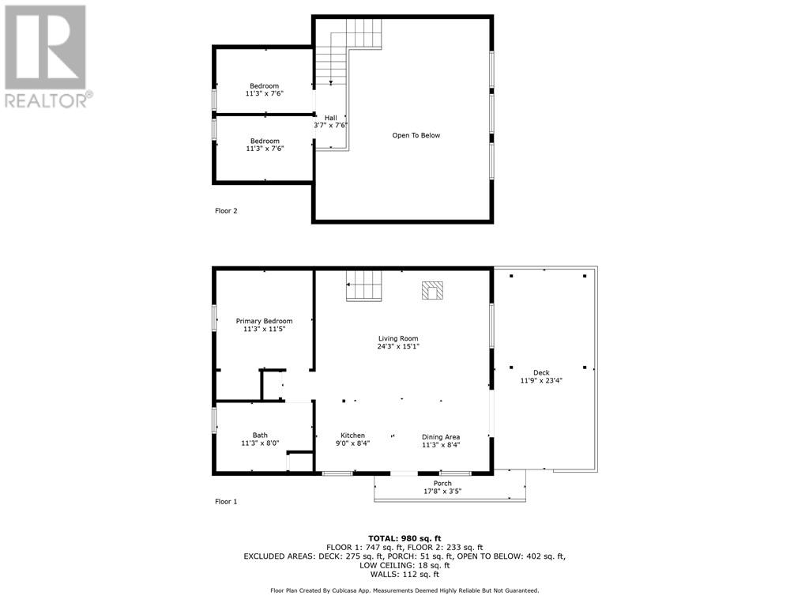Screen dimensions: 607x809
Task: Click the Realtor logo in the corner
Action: (x=47, y=56)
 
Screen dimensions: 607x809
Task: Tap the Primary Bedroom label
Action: (x=264, y=321)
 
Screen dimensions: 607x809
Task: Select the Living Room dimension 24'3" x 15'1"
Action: (x=397, y=346)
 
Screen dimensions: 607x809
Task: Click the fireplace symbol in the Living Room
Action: (x=432, y=291)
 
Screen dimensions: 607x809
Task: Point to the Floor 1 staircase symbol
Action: (x=364, y=285)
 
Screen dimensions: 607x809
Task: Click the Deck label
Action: (x=541, y=373)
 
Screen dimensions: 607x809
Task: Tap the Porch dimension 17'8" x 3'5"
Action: (x=442, y=492)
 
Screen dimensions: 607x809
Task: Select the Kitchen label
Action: (x=352, y=435)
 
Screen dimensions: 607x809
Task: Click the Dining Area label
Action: (x=440, y=437)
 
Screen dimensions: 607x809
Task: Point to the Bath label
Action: (x=260, y=435)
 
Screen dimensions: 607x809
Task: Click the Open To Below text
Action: (x=416, y=135)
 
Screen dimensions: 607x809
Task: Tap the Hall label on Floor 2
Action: (x=330, y=118)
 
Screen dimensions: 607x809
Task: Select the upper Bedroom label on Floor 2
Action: (x=264, y=86)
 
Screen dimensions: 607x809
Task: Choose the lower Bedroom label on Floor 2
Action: (x=264, y=141)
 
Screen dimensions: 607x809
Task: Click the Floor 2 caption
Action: (x=226, y=211)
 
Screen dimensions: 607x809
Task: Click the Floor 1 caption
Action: (x=226, y=502)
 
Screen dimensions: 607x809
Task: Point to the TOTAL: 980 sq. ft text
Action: (x=404, y=538)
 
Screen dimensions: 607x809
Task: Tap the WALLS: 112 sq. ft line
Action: (x=404, y=574)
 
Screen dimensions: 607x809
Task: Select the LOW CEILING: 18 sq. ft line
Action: (x=404, y=565)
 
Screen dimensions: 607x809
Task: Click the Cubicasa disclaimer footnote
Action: (x=404, y=590)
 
